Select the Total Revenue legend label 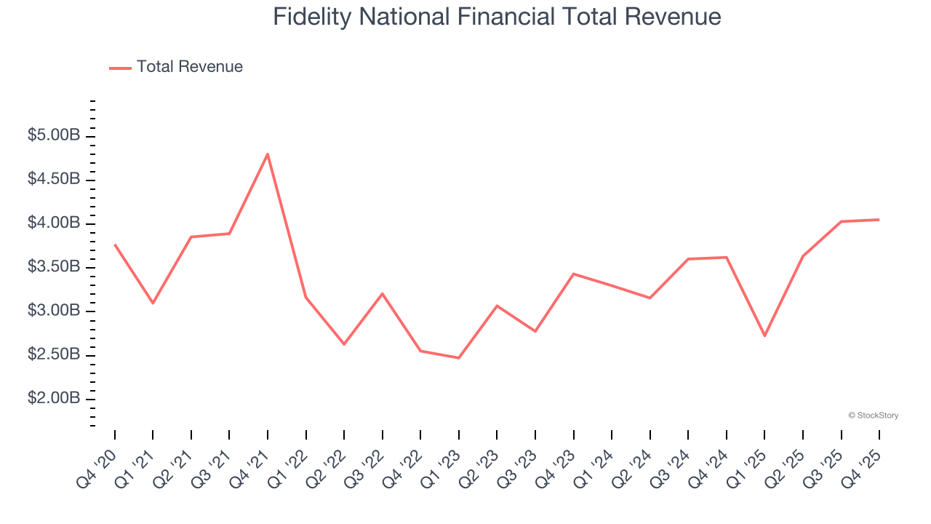pos(189,67)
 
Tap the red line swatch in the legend pos(120,68)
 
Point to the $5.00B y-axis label pos(54,135)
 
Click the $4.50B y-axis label pos(54,180)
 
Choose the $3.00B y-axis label pos(54,311)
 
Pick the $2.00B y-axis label pos(54,399)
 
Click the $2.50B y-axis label pos(54,354)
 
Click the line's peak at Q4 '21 pos(268,154)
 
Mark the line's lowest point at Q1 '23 pos(459,358)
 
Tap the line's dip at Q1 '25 pos(764,336)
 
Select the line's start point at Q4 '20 pos(115,245)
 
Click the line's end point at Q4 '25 pos(879,220)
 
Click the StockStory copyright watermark pos(873,416)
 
